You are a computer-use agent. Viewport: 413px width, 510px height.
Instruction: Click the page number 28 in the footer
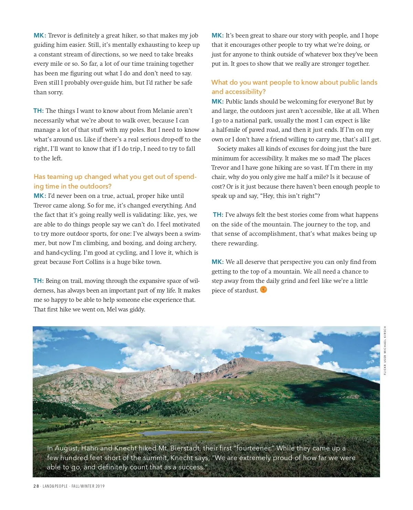(x=36, y=486)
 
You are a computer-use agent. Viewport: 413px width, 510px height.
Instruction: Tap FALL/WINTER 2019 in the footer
(x=88, y=486)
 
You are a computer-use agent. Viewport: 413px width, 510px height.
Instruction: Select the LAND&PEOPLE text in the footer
(x=55, y=486)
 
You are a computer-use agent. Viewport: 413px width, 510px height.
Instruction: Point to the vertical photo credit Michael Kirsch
(x=385, y=350)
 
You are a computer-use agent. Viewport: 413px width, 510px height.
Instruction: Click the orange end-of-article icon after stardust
(x=264, y=290)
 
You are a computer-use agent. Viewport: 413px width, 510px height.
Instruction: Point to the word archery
(x=185, y=243)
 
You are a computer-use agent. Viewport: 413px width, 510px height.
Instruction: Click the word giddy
(x=137, y=309)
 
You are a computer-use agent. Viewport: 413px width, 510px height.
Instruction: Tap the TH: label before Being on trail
(x=38, y=281)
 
